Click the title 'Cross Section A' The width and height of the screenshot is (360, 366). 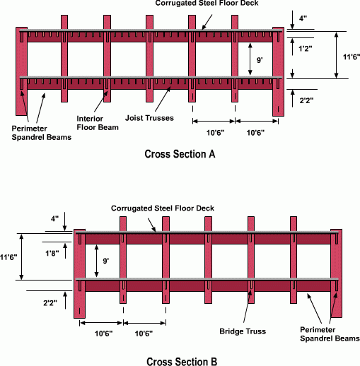pyautogui.click(x=180, y=154)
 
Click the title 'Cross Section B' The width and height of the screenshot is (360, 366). pyautogui.click(x=182, y=362)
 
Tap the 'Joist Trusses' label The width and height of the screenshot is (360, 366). pyautogui.click(x=149, y=118)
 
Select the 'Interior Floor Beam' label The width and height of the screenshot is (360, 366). pyautogui.click(x=98, y=123)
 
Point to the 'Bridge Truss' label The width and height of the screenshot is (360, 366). pyautogui.click(x=243, y=331)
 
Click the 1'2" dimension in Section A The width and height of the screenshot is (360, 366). pyautogui.click(x=306, y=49)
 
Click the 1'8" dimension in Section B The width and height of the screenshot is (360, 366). pyautogui.click(x=52, y=254)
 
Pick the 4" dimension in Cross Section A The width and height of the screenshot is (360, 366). pyautogui.click(x=303, y=18)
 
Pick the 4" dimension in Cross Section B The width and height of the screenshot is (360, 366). pyautogui.click(x=54, y=219)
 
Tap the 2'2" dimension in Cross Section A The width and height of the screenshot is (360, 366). pyautogui.click(x=306, y=100)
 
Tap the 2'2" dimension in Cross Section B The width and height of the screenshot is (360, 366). pyautogui.click(x=50, y=303)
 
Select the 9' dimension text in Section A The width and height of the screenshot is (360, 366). pyautogui.click(x=260, y=60)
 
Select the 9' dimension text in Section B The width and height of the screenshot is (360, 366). pyautogui.click(x=105, y=261)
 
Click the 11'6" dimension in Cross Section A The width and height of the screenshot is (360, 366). pyautogui.click(x=352, y=57)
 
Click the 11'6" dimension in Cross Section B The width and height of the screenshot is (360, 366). pyautogui.click(x=8, y=257)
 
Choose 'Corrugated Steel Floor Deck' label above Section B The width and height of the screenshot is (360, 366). pyautogui.click(x=163, y=208)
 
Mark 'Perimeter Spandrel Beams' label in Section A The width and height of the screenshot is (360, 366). pyautogui.click(x=42, y=133)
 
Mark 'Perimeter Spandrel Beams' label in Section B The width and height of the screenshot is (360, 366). pyautogui.click(x=330, y=334)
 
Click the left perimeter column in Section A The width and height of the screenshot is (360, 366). pyautogui.click(x=21, y=71)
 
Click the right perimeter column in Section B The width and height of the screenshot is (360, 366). pyautogui.click(x=336, y=273)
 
